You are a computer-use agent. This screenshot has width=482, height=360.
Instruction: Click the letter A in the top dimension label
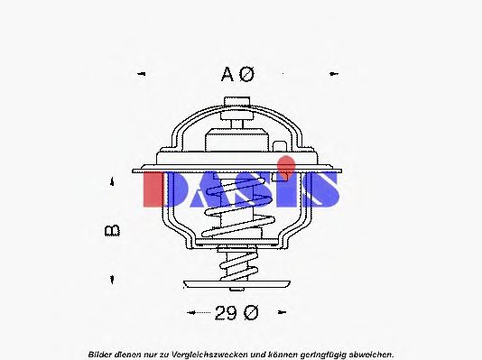point(227,74)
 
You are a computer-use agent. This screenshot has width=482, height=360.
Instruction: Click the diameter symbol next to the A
point(247,74)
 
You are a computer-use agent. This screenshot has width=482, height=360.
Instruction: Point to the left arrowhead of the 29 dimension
point(190,313)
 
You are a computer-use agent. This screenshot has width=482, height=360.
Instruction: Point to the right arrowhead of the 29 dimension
point(288,313)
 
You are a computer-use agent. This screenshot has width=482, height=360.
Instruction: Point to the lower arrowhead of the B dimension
point(112,277)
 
